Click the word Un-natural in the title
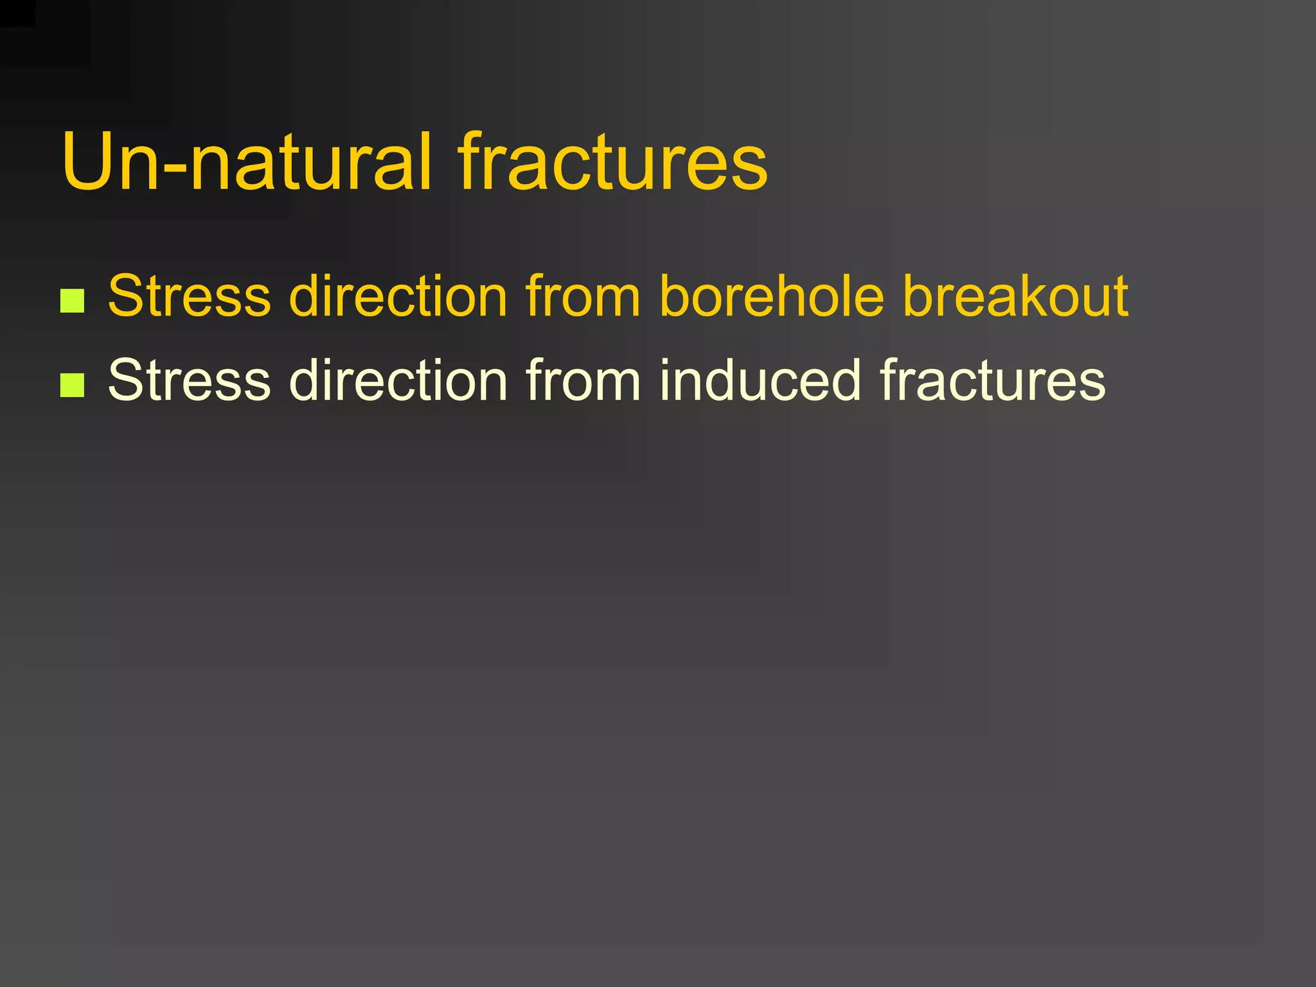pyautogui.click(x=247, y=162)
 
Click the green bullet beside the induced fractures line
pyautogui.click(x=72, y=384)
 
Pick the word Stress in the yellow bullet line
pyautogui.click(x=190, y=296)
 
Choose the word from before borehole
pyautogui.click(x=583, y=296)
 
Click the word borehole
pyautogui.click(x=772, y=296)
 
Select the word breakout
pyautogui.click(x=1015, y=296)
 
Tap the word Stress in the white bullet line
pyautogui.click(x=190, y=380)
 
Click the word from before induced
pyautogui.click(x=583, y=380)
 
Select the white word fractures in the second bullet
pyautogui.click(x=993, y=380)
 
